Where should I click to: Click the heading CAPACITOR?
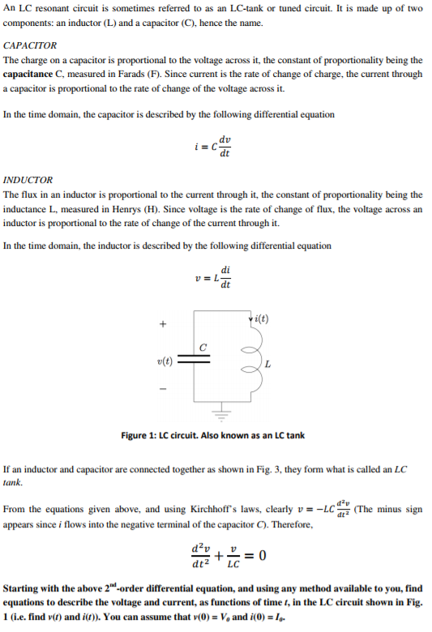(30, 45)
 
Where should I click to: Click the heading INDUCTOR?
(28, 180)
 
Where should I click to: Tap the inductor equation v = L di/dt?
(215, 279)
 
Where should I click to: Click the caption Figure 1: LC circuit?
(213, 435)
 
